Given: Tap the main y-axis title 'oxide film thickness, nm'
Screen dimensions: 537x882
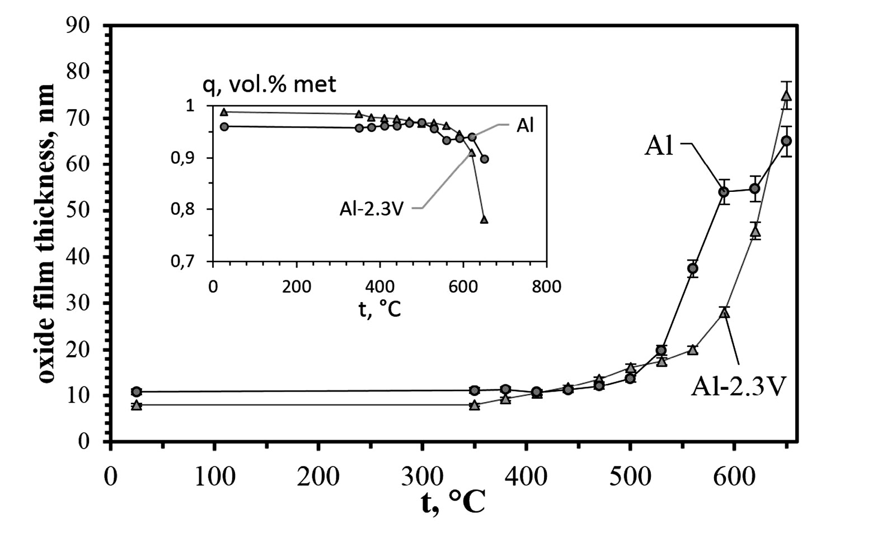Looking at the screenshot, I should (47, 233).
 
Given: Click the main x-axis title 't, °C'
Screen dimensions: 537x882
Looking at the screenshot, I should (453, 503).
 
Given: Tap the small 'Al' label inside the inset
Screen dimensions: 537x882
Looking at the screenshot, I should (525, 126).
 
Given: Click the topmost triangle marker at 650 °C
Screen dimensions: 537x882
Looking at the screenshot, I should (786, 96).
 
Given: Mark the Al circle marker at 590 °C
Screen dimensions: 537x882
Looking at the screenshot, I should (724, 192).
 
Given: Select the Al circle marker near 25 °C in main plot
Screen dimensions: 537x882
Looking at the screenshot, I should (137, 392).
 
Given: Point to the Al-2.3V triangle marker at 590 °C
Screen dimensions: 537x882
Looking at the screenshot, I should (724, 312).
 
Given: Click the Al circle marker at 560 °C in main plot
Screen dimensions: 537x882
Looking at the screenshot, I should (693, 268).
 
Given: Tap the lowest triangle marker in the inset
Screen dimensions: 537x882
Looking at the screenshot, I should (484, 220).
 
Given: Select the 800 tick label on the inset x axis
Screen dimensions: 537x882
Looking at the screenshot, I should (546, 286).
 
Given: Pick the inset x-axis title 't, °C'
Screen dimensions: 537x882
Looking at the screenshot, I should (379, 308).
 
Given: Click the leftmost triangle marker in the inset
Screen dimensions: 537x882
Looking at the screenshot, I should (224, 112).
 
